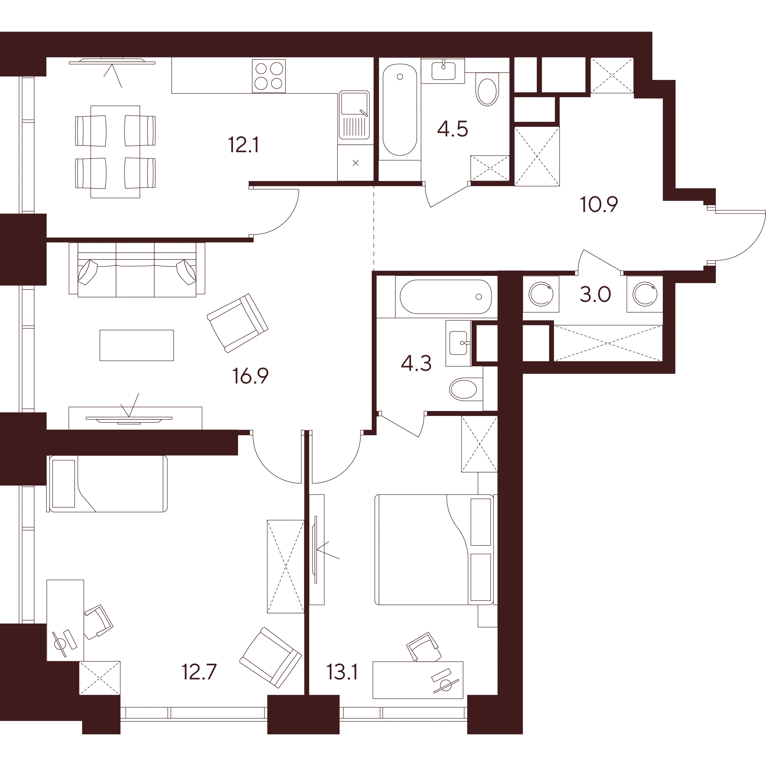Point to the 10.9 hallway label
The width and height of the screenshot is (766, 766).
[x=599, y=205]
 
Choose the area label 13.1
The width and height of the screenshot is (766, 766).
[x=342, y=672]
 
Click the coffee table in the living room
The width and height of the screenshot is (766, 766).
[x=136, y=345]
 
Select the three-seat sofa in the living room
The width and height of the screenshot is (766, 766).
[x=137, y=270]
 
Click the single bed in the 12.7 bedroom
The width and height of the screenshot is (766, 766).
[x=107, y=484]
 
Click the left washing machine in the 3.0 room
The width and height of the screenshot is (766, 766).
[x=541, y=294]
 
